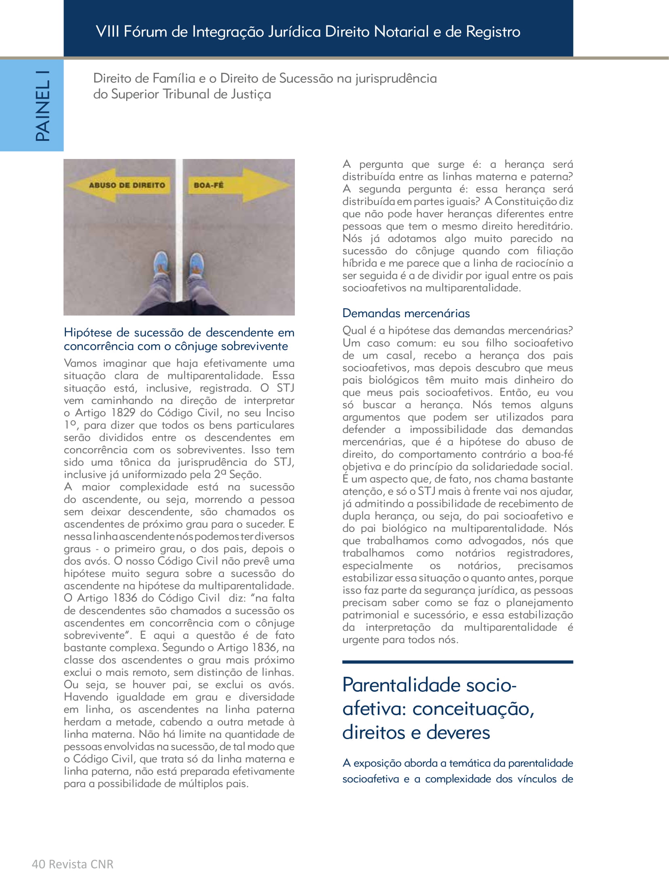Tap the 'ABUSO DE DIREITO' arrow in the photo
pyautogui.click(x=121, y=186)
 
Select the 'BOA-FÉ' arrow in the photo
pyautogui.click(x=235, y=186)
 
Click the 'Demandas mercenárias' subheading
pyautogui.click(x=406, y=314)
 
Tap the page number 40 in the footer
pyautogui.click(x=38, y=864)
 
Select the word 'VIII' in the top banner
pyautogui.click(x=107, y=32)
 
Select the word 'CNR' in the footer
pyautogui.click(x=102, y=864)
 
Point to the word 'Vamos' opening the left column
pyautogui.click(x=80, y=363)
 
